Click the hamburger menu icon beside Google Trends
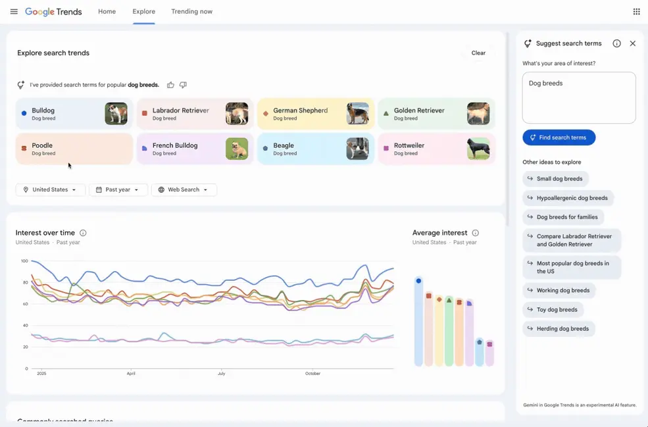pyautogui.click(x=14, y=12)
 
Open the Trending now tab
pyautogui.click(x=191, y=12)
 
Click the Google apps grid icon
pyautogui.click(x=636, y=12)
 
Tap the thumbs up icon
pyautogui.click(x=170, y=85)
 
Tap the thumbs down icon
pyautogui.click(x=183, y=85)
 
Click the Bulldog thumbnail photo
pyautogui.click(x=116, y=114)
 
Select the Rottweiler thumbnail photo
pyautogui.click(x=478, y=149)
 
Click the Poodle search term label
pyautogui.click(x=42, y=145)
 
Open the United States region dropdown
pyautogui.click(x=51, y=189)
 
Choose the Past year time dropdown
pyautogui.click(x=118, y=189)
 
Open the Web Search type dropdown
pyautogui.click(x=184, y=189)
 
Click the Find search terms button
pyautogui.click(x=559, y=138)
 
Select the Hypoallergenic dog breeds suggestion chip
pyautogui.click(x=568, y=198)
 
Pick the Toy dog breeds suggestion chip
pyautogui.click(x=553, y=309)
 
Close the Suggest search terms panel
pyautogui.click(x=633, y=43)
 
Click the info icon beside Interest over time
pyautogui.click(x=83, y=233)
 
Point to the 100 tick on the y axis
pyautogui.click(x=24, y=261)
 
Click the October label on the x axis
pyautogui.click(x=312, y=374)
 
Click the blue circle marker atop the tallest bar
pyautogui.click(x=418, y=281)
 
